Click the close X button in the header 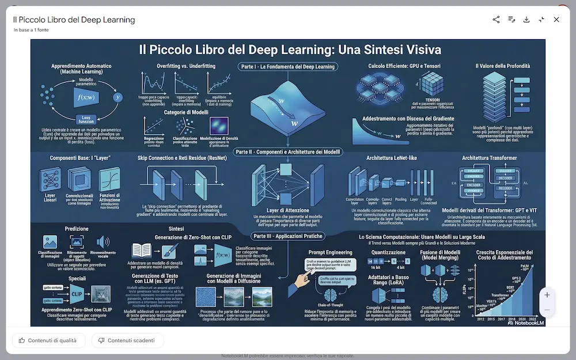coord(556,20)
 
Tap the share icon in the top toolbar coord(496,20)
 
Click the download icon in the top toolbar coord(526,20)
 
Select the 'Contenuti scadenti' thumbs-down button coord(127,340)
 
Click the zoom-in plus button coord(547,295)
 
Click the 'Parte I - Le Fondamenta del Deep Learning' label coord(288,67)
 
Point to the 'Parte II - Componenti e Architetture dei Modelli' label coord(288,152)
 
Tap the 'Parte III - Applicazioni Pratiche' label coord(288,236)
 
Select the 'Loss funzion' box coord(86,119)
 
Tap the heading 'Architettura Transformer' coord(489,158)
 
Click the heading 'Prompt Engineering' coord(330,252)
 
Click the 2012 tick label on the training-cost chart coord(480,318)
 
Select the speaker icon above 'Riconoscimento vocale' coord(103,242)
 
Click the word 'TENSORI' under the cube coord(433,99)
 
